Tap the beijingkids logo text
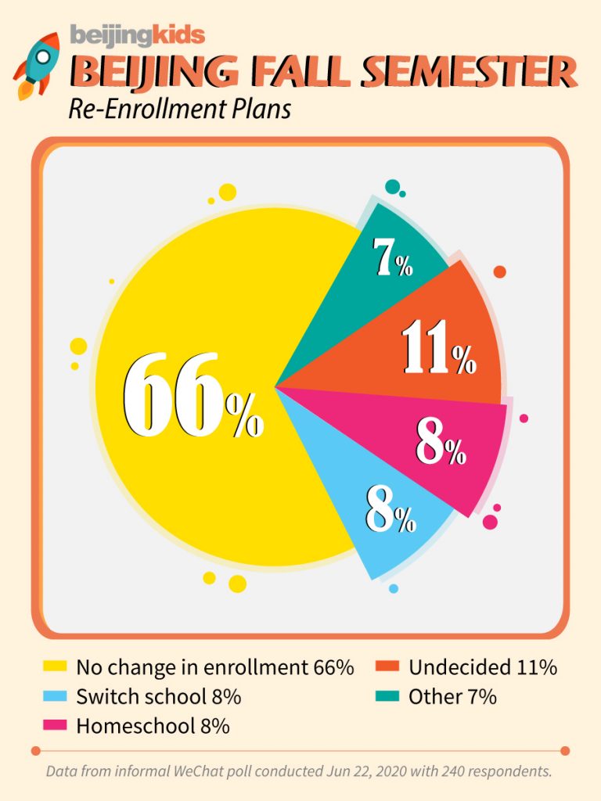[137, 35]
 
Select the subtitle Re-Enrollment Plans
[179, 109]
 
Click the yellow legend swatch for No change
[54, 667]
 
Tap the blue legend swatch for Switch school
[54, 696]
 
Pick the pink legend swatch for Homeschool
[54, 725]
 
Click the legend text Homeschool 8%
[153, 725]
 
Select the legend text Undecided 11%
[482, 667]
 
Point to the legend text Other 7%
[452, 696]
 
